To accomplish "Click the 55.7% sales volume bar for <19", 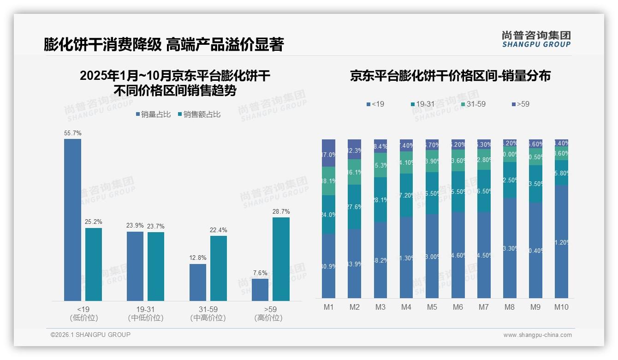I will [x=72, y=220].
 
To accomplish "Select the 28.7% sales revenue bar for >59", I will [x=281, y=259].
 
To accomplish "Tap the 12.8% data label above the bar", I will [x=198, y=258].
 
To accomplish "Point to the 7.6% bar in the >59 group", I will [x=260, y=290].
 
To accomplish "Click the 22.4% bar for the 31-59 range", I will [x=219, y=268].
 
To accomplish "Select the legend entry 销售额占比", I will [x=199, y=114].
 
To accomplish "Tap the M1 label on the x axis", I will [x=328, y=307].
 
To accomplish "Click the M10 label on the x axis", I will [x=561, y=307].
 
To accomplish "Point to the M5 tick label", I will [x=432, y=307].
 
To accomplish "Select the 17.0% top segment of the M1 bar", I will [x=328, y=153].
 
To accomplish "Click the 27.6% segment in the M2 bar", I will [x=354, y=207].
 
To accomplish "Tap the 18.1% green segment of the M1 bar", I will [x=328, y=181].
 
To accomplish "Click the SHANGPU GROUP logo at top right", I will [x=536, y=39].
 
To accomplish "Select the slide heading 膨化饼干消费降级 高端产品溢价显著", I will [x=164, y=45].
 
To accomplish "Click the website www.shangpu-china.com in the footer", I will [x=537, y=335].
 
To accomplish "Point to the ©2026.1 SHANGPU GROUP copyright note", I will [x=90, y=335].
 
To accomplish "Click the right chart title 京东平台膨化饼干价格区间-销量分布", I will [x=450, y=76].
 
